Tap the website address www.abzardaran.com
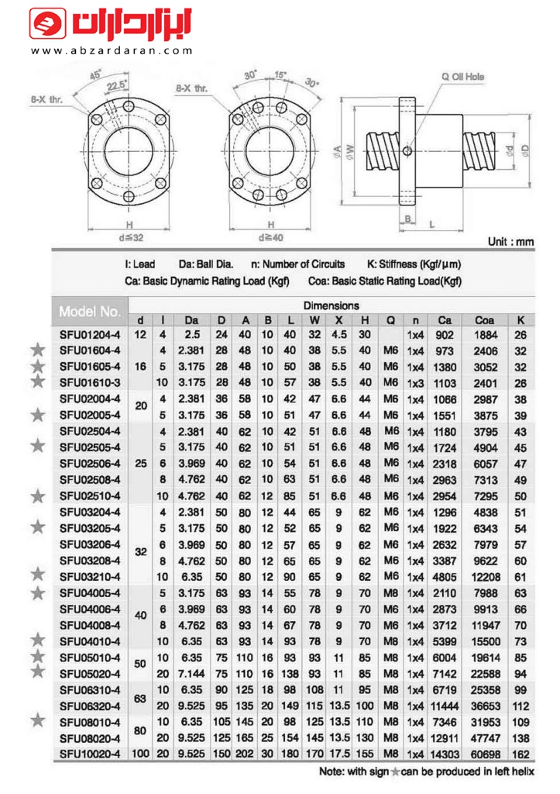[x=112, y=51]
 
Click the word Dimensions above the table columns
[x=331, y=306]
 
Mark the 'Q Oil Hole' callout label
[x=462, y=77]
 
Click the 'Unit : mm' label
[x=510, y=242]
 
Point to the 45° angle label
[x=96, y=75]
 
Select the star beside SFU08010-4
[x=36, y=720]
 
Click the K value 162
[x=520, y=752]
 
